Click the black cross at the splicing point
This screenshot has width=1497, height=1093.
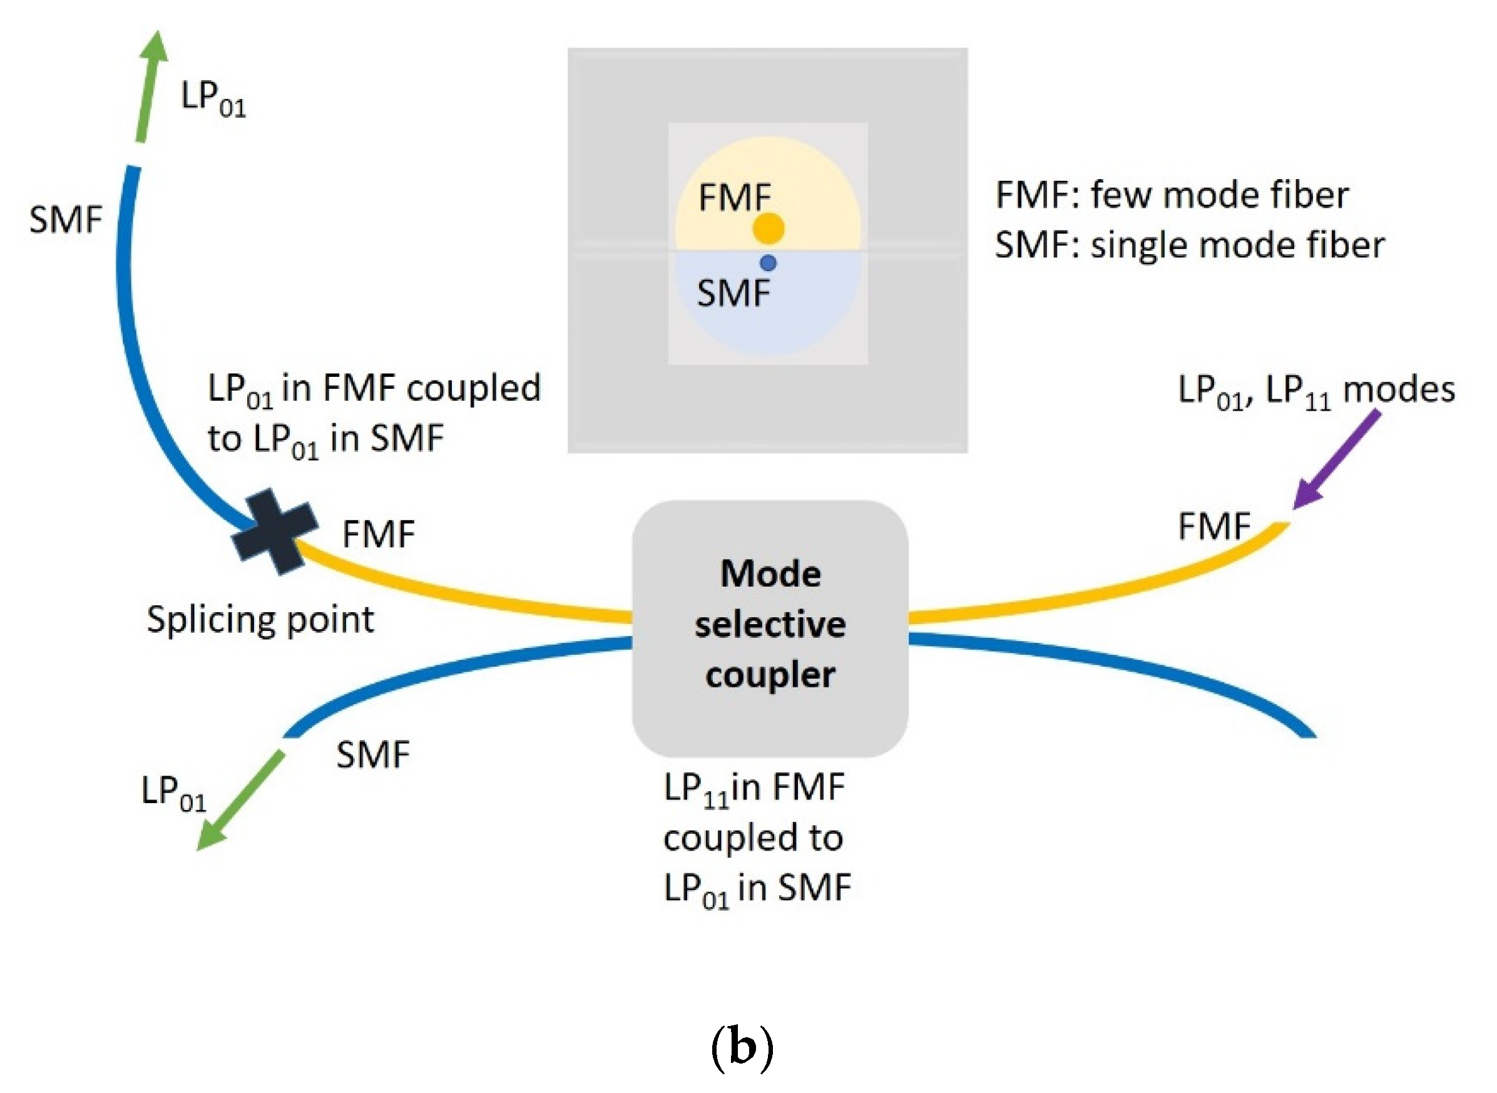(275, 531)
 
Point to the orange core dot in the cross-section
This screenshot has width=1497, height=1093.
(768, 228)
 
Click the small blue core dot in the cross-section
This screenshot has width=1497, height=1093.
(768, 264)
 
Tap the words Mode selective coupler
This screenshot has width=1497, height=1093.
(770, 624)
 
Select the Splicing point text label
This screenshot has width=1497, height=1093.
(260, 620)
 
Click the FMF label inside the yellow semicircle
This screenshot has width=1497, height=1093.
(734, 198)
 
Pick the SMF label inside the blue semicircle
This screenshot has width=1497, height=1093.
(733, 293)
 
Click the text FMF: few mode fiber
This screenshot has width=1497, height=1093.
(1172, 195)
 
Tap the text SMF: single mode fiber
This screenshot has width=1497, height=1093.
(1189, 245)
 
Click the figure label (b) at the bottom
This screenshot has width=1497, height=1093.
(742, 1048)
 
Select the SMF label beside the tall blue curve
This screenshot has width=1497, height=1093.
(66, 220)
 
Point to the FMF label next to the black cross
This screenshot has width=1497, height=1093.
(379, 534)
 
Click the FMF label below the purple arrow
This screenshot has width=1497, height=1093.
(1214, 526)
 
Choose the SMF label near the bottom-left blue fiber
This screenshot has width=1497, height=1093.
(372, 754)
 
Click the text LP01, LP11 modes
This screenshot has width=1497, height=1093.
(1316, 391)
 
